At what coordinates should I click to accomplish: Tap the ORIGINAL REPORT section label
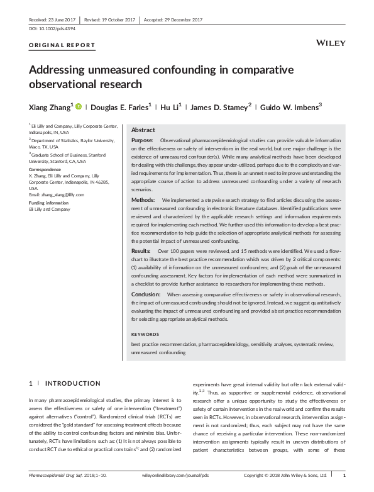tap(62, 46)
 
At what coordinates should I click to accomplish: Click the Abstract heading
tap(143, 130)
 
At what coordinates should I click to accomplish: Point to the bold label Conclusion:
tap(146, 294)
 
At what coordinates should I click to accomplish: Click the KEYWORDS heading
tap(145, 335)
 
